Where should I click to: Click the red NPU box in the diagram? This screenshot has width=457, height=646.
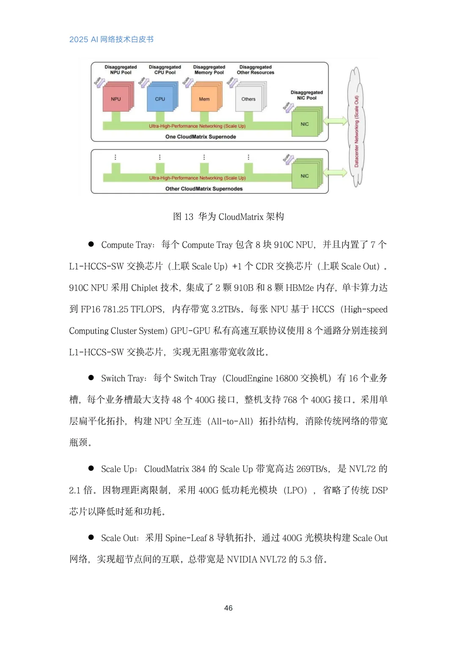116,99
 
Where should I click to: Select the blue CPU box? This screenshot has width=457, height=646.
160,99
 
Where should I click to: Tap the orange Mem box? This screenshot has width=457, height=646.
204,99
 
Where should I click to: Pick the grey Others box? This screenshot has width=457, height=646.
248,99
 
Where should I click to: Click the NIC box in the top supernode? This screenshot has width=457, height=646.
305,124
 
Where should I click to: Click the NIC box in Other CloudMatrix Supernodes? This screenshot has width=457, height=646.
305,176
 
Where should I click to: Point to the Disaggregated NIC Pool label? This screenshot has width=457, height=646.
306,95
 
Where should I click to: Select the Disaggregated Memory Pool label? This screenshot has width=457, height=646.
209,70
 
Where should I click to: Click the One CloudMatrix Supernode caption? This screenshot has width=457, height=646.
201,137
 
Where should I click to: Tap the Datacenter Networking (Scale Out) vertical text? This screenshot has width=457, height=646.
356,131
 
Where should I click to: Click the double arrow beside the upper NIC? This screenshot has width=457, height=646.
335,121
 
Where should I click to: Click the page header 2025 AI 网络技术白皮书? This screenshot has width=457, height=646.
111,39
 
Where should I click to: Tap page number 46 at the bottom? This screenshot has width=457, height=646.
228,608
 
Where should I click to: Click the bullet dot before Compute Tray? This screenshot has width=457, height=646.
91,244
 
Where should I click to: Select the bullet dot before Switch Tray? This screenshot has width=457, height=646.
91,377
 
